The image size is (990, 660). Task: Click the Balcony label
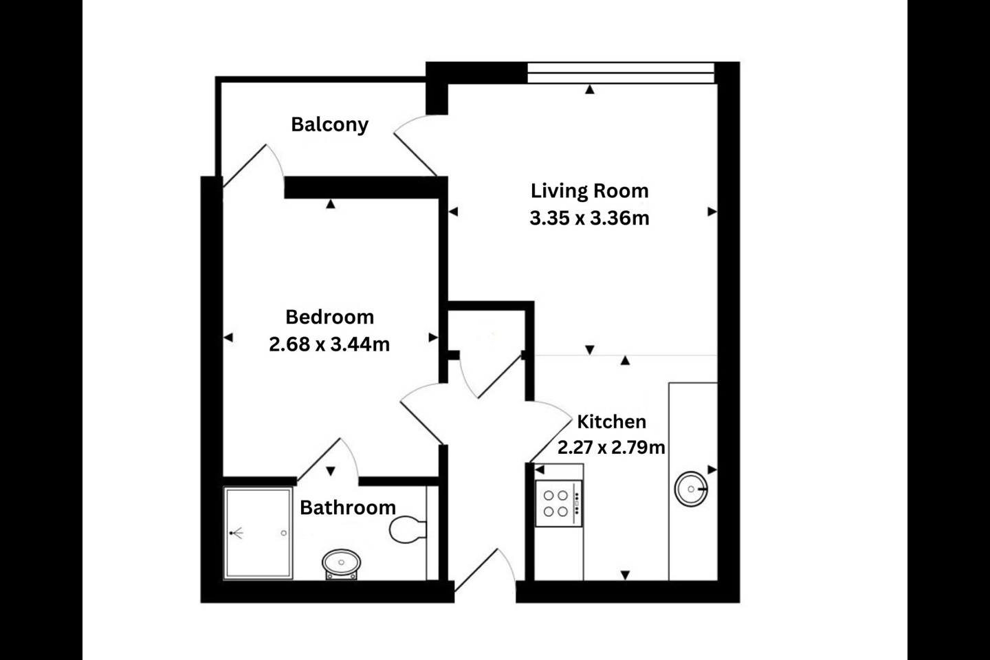(x=329, y=124)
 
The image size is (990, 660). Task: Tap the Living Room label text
(x=589, y=190)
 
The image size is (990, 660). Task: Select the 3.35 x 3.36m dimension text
(x=589, y=218)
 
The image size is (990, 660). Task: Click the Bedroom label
(x=329, y=317)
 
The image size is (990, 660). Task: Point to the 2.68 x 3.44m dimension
(x=329, y=344)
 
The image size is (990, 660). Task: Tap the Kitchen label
(x=611, y=421)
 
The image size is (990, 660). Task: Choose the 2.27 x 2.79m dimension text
(x=611, y=448)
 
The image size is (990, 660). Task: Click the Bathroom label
(x=348, y=507)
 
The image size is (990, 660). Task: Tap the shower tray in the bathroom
(x=258, y=533)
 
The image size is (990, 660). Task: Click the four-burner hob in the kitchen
(x=558, y=503)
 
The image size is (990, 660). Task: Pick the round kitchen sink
(x=691, y=489)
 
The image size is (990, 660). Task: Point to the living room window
(x=621, y=73)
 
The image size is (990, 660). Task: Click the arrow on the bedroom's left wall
(x=228, y=338)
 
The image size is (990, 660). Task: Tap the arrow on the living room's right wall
(x=712, y=212)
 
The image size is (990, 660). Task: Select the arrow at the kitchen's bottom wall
(x=625, y=575)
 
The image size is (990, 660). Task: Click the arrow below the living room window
(x=590, y=89)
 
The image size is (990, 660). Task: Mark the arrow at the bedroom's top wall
(x=331, y=204)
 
